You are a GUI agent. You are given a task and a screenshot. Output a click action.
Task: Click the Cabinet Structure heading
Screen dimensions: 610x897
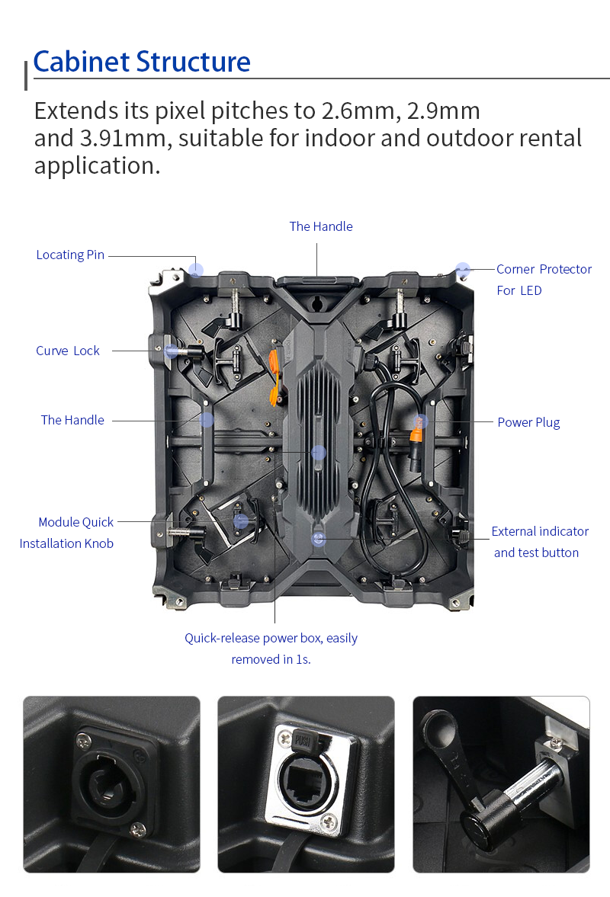142,62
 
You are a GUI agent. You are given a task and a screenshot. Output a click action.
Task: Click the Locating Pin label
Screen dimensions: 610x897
70,255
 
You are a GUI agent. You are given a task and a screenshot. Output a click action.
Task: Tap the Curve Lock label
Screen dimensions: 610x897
68,351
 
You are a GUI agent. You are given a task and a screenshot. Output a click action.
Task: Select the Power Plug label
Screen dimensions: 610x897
528,423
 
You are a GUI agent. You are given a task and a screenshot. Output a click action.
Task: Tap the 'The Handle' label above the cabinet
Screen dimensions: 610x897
321,226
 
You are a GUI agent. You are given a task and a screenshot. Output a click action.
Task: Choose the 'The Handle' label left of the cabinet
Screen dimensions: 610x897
72,420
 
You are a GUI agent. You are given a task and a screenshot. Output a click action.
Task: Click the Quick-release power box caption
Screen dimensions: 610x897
271,649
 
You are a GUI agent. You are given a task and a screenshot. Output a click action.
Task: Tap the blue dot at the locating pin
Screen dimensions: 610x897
196,270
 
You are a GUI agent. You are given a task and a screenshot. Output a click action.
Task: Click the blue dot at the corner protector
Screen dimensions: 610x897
462,270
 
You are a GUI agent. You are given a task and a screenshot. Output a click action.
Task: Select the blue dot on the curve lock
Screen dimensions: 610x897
171,351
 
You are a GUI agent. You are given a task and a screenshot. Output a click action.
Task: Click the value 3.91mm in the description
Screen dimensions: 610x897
126,139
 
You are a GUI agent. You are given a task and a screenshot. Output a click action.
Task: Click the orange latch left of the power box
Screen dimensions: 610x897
276,377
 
